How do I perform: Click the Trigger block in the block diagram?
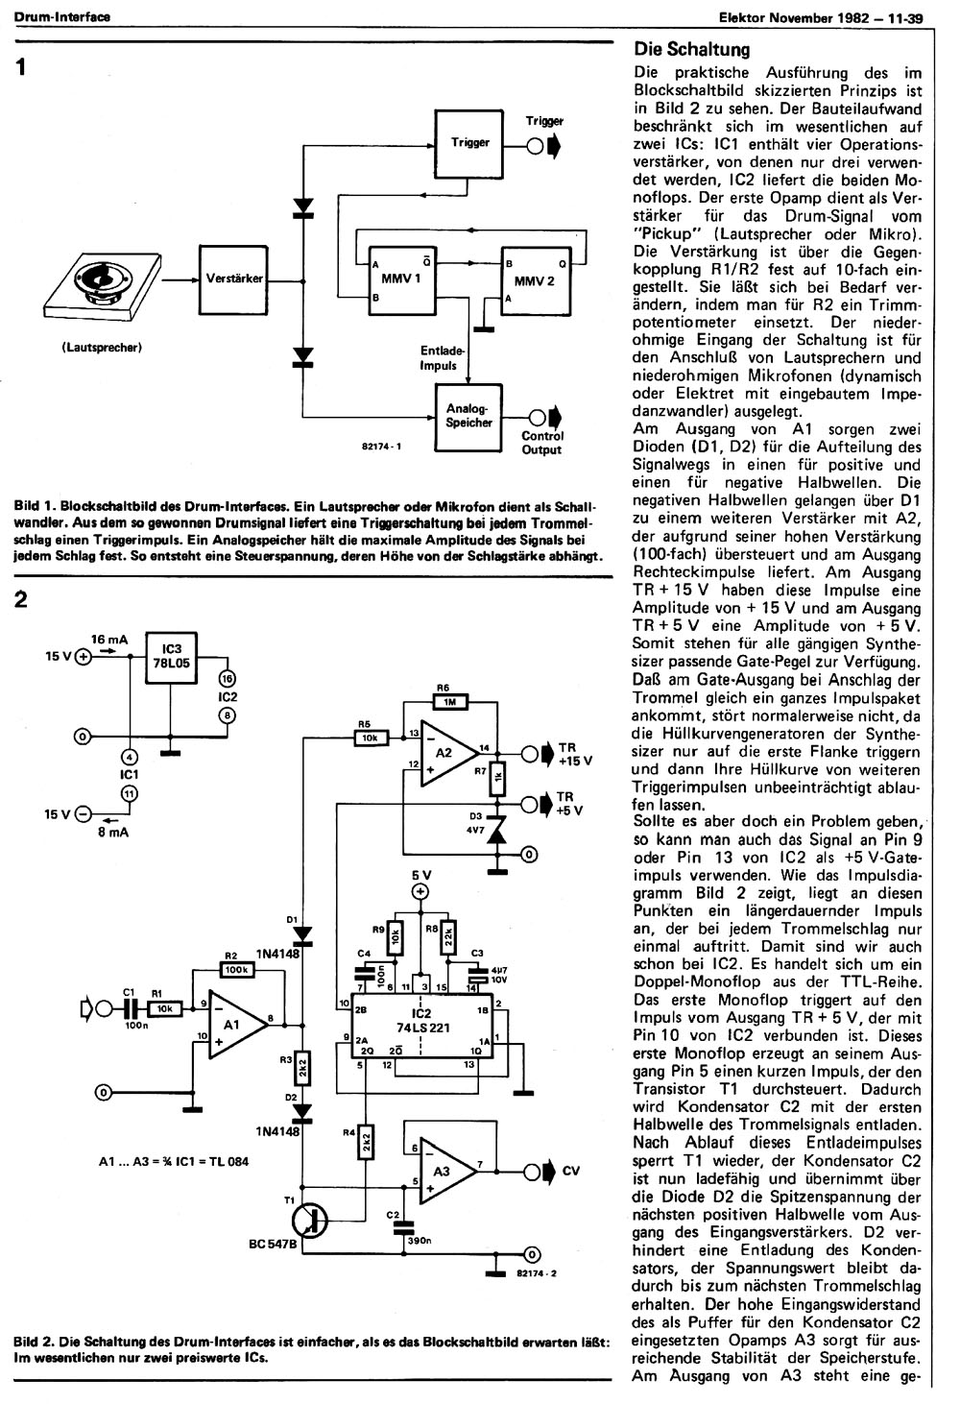pos(469,144)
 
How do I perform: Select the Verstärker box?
pos(233,280)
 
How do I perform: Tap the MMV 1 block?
pos(401,280)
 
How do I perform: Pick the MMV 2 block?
pos(536,281)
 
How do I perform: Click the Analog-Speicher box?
pos(468,417)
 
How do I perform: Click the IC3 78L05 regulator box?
pos(171,657)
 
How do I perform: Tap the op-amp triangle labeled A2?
pos(446,753)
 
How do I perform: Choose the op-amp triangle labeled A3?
pos(445,1171)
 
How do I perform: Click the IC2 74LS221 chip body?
pos(422,1022)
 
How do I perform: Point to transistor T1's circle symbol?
pos(310,1220)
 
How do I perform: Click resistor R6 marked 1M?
pos(450,702)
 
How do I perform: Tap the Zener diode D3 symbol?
pos(497,831)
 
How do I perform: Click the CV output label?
pos(571,1171)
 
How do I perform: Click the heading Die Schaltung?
pos(692,49)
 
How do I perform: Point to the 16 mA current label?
pos(109,640)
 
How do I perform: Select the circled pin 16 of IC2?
pos(227,679)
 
